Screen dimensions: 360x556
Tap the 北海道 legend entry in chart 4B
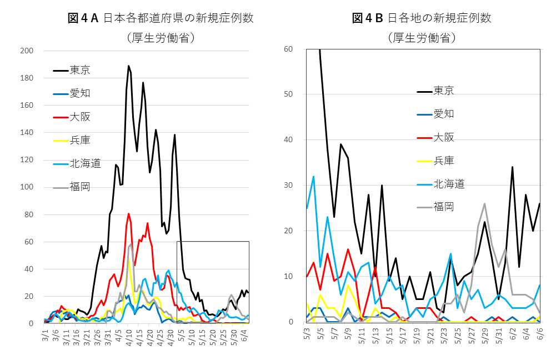point(445,184)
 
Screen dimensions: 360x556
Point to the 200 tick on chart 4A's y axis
point(27,51)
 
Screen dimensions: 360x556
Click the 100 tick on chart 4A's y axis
point(27,187)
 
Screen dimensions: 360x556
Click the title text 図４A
point(83,18)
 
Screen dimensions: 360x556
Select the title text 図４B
point(368,18)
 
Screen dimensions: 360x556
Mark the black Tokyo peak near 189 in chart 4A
point(129,66)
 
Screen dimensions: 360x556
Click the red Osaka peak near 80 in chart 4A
point(129,213)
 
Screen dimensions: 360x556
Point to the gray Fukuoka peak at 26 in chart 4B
point(485,203)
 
